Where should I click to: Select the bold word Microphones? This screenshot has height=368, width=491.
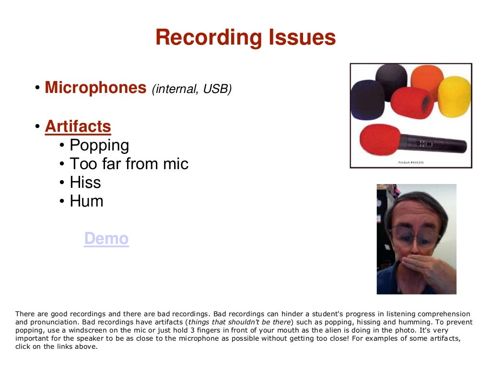[95, 88]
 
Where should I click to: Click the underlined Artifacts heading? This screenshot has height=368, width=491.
[78, 126]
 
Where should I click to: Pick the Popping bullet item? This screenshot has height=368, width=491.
[99, 145]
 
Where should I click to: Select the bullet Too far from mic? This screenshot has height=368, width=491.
[129, 164]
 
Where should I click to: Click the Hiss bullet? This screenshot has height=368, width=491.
[85, 183]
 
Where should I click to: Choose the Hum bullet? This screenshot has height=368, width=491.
[86, 201]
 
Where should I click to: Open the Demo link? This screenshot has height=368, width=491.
[106, 239]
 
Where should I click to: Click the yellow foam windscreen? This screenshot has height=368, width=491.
[454, 96]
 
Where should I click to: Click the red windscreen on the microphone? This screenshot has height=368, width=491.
[379, 139]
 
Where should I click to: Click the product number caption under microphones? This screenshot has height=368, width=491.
[411, 162]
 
